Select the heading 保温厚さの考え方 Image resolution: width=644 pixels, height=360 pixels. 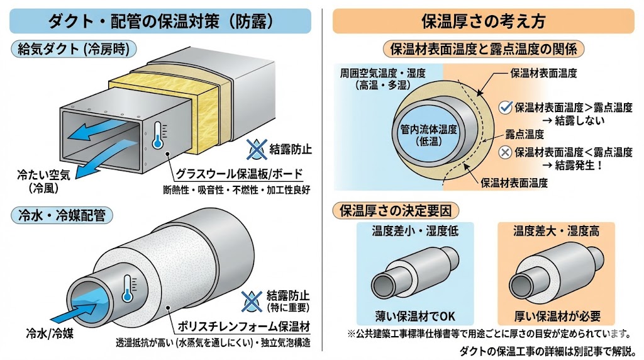coord(483,20)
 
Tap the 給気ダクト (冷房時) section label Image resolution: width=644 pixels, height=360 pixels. coord(74,49)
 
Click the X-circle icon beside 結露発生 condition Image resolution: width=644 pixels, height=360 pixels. coord(504,152)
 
